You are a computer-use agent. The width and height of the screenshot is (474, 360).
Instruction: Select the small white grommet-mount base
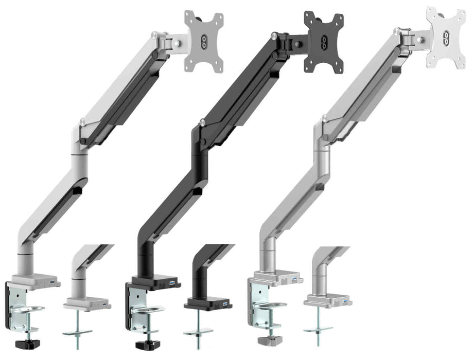click(87, 305)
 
